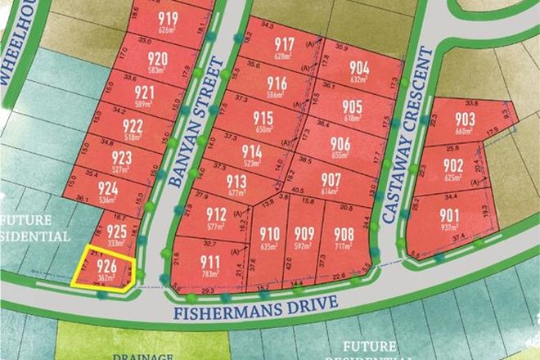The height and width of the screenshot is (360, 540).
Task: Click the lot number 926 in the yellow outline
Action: click(105, 266)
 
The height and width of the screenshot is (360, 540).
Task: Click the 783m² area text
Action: click(210, 275)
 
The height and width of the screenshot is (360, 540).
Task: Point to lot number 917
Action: click(285, 44)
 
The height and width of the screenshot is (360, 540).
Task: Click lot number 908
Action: click(344, 232)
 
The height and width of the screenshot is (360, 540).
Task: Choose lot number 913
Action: click(236, 182)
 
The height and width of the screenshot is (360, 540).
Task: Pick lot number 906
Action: click(341, 143)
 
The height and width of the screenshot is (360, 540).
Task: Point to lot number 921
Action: click(144, 92)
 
